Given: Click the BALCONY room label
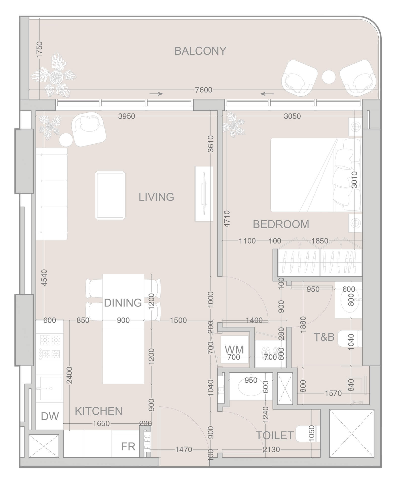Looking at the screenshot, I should click(x=200, y=51).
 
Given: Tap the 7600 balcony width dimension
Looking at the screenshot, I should click(x=203, y=90).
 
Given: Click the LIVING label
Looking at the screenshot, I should click(x=156, y=197).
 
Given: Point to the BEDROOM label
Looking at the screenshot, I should click(x=281, y=224).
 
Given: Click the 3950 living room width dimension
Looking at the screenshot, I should click(x=127, y=116).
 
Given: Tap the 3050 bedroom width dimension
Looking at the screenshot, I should click(x=292, y=116).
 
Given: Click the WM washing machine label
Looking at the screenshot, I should click(x=234, y=349).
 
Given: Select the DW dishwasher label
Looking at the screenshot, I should click(x=50, y=416).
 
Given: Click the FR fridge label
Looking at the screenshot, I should click(x=128, y=447).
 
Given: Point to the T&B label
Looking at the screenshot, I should click(x=324, y=337).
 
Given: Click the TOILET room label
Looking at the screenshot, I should click(x=275, y=435).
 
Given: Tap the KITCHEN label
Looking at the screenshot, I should click(x=98, y=411).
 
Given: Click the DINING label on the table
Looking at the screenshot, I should click(x=123, y=303).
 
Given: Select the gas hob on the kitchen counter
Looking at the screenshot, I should click(x=50, y=347).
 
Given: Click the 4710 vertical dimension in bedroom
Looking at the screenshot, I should click(x=227, y=219).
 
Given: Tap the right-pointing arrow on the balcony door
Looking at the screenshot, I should click(x=156, y=94).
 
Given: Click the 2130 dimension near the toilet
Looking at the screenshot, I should click(x=271, y=449).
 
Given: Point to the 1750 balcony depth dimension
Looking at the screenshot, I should click(x=40, y=50).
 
